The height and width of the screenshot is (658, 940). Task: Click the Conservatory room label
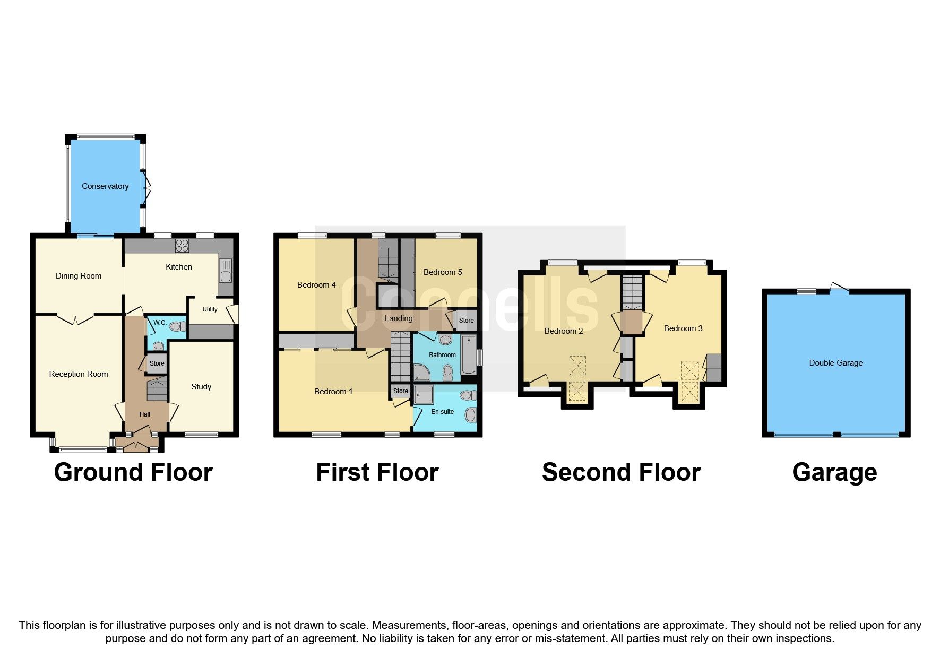pos(105,186)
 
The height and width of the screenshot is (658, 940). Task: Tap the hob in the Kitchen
pos(182,245)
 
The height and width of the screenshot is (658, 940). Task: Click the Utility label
pos(210,309)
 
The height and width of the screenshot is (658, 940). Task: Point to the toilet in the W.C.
pos(178,326)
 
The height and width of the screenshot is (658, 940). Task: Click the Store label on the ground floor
pos(157,363)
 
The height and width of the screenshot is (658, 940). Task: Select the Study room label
pos(201,387)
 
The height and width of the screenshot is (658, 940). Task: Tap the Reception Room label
pos(79,374)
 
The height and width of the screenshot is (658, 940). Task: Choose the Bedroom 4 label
pos(316,285)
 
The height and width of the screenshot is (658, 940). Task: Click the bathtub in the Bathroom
pos(469,354)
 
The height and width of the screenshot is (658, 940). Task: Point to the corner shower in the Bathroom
pos(422,373)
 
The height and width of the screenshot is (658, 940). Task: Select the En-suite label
pos(442,412)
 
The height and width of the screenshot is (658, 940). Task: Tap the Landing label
pos(399,318)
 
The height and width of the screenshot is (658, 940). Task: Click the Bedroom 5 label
pos(443,272)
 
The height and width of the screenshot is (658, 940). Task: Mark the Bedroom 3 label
pos(683,328)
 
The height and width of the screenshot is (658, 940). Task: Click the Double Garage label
pos(835,363)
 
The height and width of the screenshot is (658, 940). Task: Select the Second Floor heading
pos(621,472)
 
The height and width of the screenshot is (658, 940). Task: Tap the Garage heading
pos(834,472)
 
